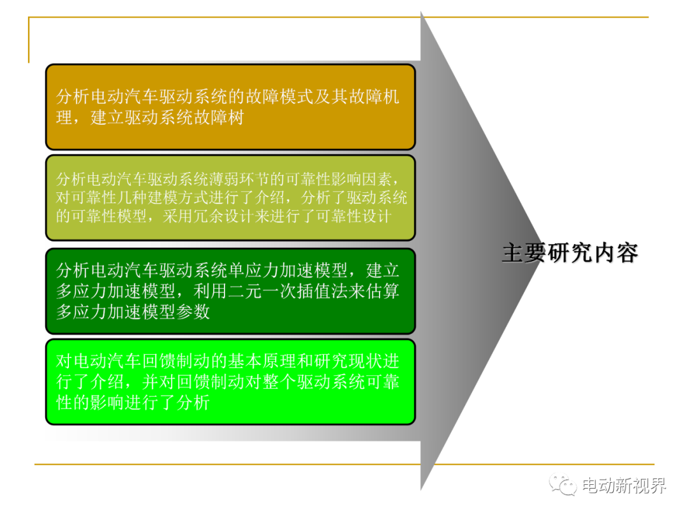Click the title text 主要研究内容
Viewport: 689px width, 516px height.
tap(570, 253)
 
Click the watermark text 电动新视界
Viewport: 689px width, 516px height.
tap(624, 485)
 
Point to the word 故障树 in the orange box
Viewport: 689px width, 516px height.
tap(219, 117)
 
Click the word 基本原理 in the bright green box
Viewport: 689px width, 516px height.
tap(262, 361)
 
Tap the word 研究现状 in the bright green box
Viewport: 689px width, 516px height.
tap(348, 361)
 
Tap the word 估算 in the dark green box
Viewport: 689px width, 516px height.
tap(382, 291)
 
